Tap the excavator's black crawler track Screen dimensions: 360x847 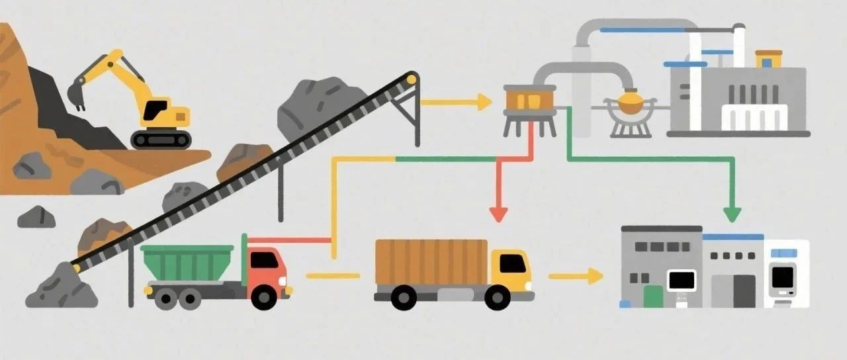161,139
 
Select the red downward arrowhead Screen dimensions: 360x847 498,213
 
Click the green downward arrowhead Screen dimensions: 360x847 732,214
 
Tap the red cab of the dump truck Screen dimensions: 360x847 267,267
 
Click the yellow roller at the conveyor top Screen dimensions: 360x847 412,79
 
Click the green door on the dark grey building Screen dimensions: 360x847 653,296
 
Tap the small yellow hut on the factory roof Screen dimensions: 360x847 768,58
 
